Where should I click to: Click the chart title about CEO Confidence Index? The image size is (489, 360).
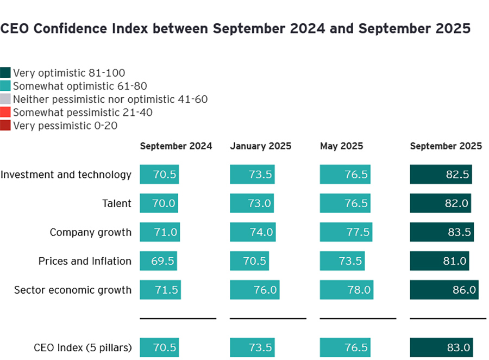235,29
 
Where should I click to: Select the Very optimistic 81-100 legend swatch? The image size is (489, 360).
5,73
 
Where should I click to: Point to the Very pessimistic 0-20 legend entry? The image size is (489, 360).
65,126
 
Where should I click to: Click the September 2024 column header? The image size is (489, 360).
176,146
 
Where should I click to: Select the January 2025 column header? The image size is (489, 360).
260,146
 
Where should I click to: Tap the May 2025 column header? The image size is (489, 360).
341,146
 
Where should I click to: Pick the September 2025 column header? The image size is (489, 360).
446,146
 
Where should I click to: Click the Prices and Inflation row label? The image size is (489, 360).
85,261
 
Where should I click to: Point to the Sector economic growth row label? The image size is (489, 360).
73,290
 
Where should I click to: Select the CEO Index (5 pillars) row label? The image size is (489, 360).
83,347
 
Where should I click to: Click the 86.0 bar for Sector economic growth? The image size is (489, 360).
444,290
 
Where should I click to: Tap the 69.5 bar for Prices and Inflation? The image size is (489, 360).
159,261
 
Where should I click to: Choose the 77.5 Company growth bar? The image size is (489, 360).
346,232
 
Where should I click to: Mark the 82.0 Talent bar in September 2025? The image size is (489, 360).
441,203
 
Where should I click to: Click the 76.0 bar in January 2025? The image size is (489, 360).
254,290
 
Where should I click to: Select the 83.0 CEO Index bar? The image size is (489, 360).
441,347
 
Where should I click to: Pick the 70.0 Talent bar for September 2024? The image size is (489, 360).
159,203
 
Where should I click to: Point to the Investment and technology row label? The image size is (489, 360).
66,175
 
